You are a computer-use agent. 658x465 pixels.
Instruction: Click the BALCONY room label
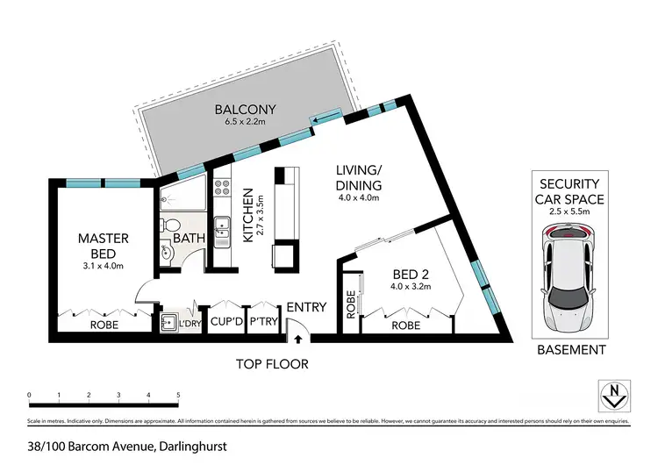pos(246,110)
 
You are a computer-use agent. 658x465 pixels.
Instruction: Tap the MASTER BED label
pos(104,246)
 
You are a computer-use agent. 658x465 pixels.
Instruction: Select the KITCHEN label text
pos(248,215)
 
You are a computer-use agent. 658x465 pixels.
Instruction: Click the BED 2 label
pos(411,273)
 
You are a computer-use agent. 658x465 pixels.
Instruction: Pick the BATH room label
pos(189,238)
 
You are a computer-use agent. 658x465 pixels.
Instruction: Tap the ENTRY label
pos(306,307)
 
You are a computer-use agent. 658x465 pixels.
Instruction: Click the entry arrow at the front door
pos(298,338)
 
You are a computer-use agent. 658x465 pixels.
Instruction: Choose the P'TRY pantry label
pos(263,323)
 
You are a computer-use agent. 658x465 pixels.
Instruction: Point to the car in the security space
pos(569,276)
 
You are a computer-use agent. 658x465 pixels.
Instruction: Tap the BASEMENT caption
pos(570,350)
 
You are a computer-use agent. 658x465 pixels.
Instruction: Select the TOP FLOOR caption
pos(272,362)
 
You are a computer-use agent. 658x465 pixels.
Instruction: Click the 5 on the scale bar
pos(178,395)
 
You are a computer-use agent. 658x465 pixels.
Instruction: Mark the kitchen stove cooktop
pos(223,188)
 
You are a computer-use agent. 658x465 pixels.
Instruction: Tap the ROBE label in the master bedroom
pos(104,324)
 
